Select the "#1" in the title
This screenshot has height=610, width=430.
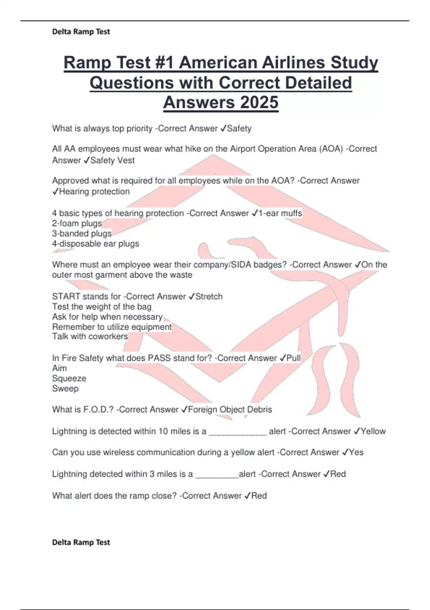[163, 63]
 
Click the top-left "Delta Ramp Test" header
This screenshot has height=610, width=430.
[81, 32]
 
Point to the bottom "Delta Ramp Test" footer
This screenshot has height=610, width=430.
[81, 542]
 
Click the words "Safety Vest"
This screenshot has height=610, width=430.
[112, 160]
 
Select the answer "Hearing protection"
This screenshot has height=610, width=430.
[94, 192]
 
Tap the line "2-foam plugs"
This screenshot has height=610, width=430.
[77, 223]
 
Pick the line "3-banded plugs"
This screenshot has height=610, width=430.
[82, 234]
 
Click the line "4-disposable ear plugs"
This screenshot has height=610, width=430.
[95, 244]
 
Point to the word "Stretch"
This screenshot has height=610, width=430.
[209, 296]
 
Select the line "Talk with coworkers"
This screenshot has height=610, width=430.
[90, 337]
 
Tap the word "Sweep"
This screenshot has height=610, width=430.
[65, 388]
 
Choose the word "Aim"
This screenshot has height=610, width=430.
[59, 368]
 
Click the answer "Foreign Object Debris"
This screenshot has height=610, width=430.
[230, 409]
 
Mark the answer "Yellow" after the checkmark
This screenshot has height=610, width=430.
[373, 431]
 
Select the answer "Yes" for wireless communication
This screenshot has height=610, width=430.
[356, 452]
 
